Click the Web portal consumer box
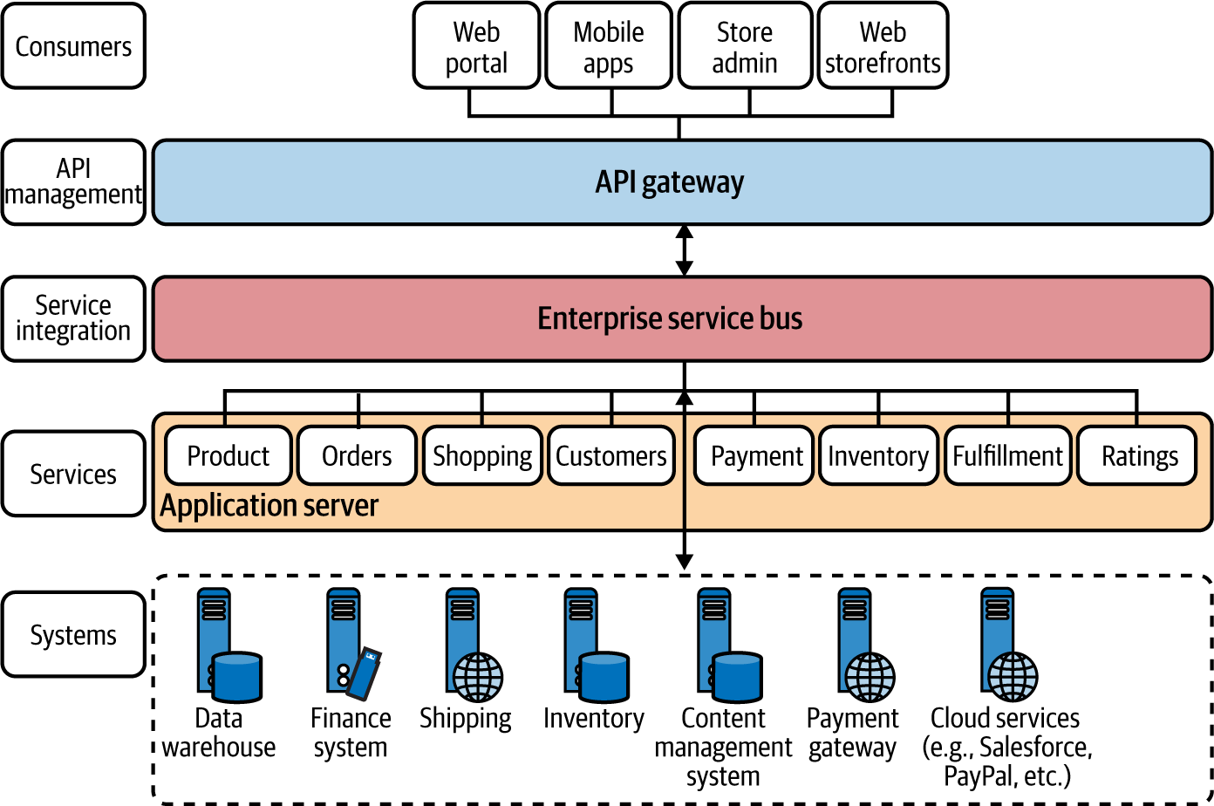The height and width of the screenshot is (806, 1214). pos(476,45)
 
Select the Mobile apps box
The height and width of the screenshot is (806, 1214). pos(609,45)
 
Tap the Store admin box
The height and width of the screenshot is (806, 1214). pos(745,45)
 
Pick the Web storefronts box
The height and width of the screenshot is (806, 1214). pos(883,45)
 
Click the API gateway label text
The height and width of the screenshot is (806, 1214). pos(669,182)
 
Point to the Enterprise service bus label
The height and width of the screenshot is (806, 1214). pos(670,318)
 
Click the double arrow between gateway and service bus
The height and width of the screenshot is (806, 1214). pos(685,250)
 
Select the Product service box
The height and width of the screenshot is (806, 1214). pos(228,455)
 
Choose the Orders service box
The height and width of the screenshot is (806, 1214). pos(357,455)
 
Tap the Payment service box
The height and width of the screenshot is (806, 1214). pos(754,455)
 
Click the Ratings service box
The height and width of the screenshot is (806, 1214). pos(1137,455)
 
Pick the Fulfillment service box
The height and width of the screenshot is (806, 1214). pos(1008,455)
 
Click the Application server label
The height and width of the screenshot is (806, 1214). pos(269,506)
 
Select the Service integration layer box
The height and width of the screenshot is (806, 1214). pos(74,318)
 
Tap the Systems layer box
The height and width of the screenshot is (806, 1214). pos(74,634)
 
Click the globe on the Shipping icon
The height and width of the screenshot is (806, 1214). pos(477,677)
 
